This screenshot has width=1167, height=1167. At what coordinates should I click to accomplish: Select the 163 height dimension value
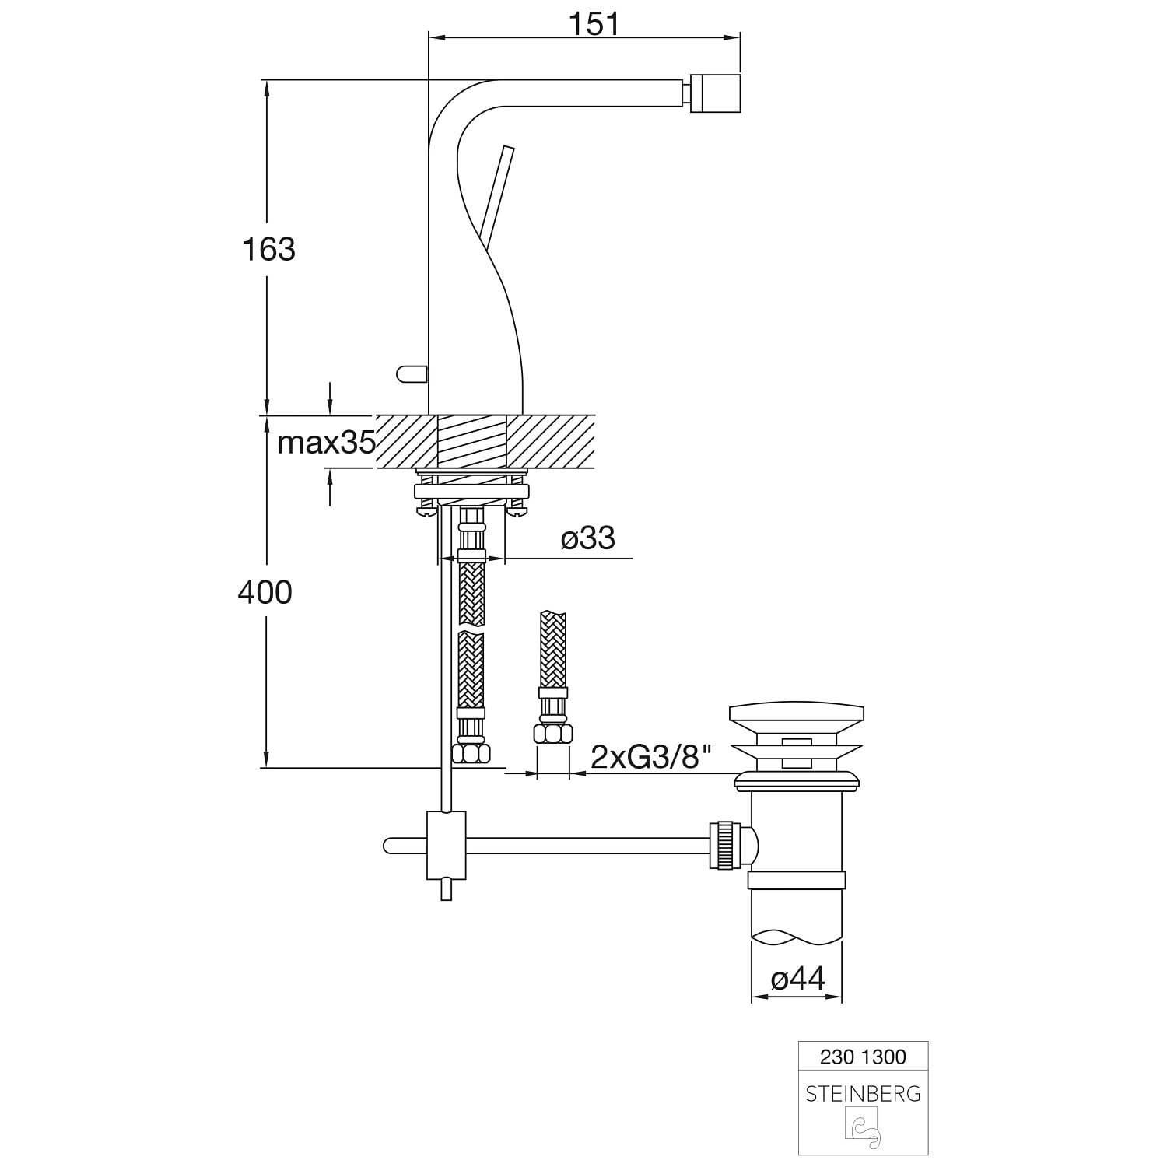tap(268, 250)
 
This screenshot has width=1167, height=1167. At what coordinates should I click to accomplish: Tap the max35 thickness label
tap(327, 443)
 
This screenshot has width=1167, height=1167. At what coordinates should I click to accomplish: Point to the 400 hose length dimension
tap(265, 593)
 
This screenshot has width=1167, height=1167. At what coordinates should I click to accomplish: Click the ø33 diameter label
tap(587, 538)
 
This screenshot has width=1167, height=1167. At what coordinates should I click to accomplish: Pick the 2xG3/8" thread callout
tap(652, 756)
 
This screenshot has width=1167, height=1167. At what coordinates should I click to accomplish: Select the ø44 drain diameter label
tap(797, 979)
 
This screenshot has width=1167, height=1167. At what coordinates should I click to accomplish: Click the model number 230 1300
tap(864, 1057)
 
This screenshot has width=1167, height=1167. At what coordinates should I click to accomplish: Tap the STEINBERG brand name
tap(864, 1095)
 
